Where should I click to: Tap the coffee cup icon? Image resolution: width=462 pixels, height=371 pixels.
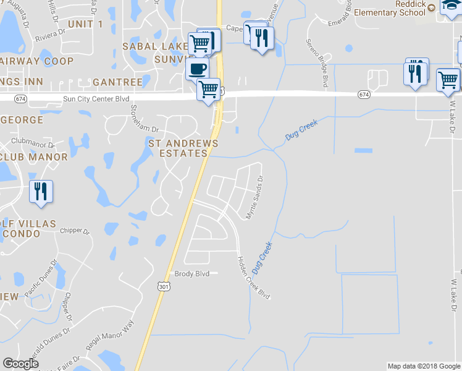pyautogui.click(x=197, y=68)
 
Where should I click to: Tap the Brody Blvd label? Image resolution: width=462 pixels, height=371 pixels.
pyautogui.click(x=192, y=274)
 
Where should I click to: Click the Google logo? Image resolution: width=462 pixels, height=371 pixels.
pyautogui.click(x=20, y=364)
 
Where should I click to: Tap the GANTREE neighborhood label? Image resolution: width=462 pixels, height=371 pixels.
pyautogui.click(x=117, y=82)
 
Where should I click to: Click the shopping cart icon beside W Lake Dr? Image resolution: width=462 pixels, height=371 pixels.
pyautogui.click(x=448, y=79)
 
